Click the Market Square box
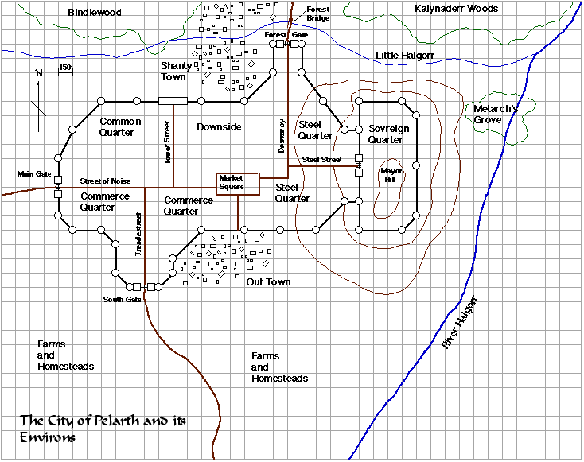(238, 183)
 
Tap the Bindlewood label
(95, 12)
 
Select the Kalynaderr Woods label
(457, 9)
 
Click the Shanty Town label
(173, 71)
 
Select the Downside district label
(219, 127)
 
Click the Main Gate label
(34, 173)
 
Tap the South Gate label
(122, 299)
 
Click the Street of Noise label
(105, 181)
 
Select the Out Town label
(268, 282)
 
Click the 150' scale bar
(65, 69)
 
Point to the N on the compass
(38, 74)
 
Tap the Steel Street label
(321, 160)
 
